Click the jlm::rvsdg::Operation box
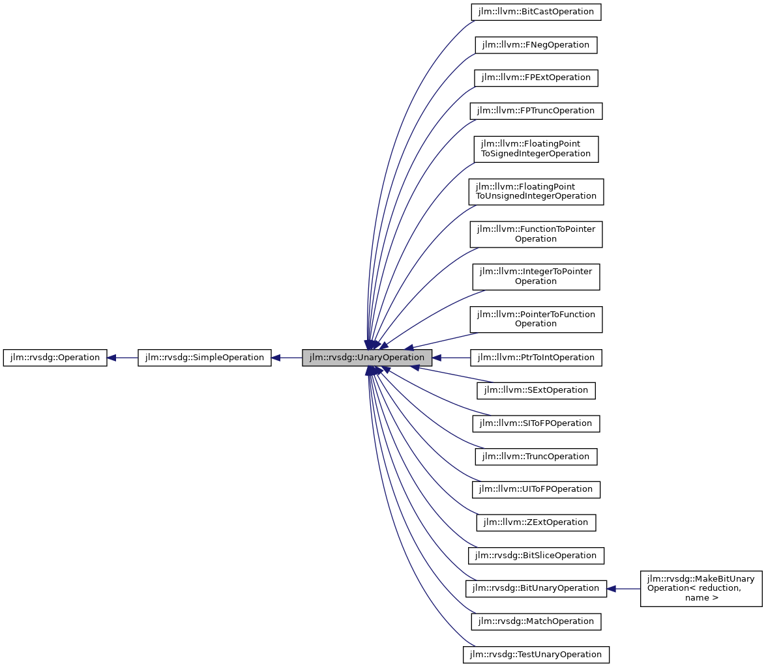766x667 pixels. click(x=55, y=358)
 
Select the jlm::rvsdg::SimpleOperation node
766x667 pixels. click(x=204, y=358)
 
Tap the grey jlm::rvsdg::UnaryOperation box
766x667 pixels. click(x=366, y=358)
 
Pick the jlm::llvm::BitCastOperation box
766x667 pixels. click(x=535, y=12)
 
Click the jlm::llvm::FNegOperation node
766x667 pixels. click(x=536, y=45)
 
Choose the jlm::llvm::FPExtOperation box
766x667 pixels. click(x=536, y=78)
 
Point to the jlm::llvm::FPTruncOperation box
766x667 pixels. click(x=536, y=111)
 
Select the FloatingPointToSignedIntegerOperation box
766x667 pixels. click(x=536, y=149)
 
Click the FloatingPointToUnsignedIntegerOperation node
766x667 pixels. click(x=536, y=192)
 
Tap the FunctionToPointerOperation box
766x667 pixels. click(x=536, y=234)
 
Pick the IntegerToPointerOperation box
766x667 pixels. click(x=536, y=276)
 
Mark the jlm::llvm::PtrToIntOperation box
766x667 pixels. click(x=536, y=358)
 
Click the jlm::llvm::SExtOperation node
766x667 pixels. click(x=536, y=390)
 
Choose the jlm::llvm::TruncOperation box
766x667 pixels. click(x=536, y=457)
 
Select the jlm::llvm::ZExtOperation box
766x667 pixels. click(x=536, y=522)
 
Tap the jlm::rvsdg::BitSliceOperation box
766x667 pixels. click(x=536, y=556)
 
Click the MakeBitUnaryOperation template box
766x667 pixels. click(x=701, y=588)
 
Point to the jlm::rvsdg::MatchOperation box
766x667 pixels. click(x=536, y=621)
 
